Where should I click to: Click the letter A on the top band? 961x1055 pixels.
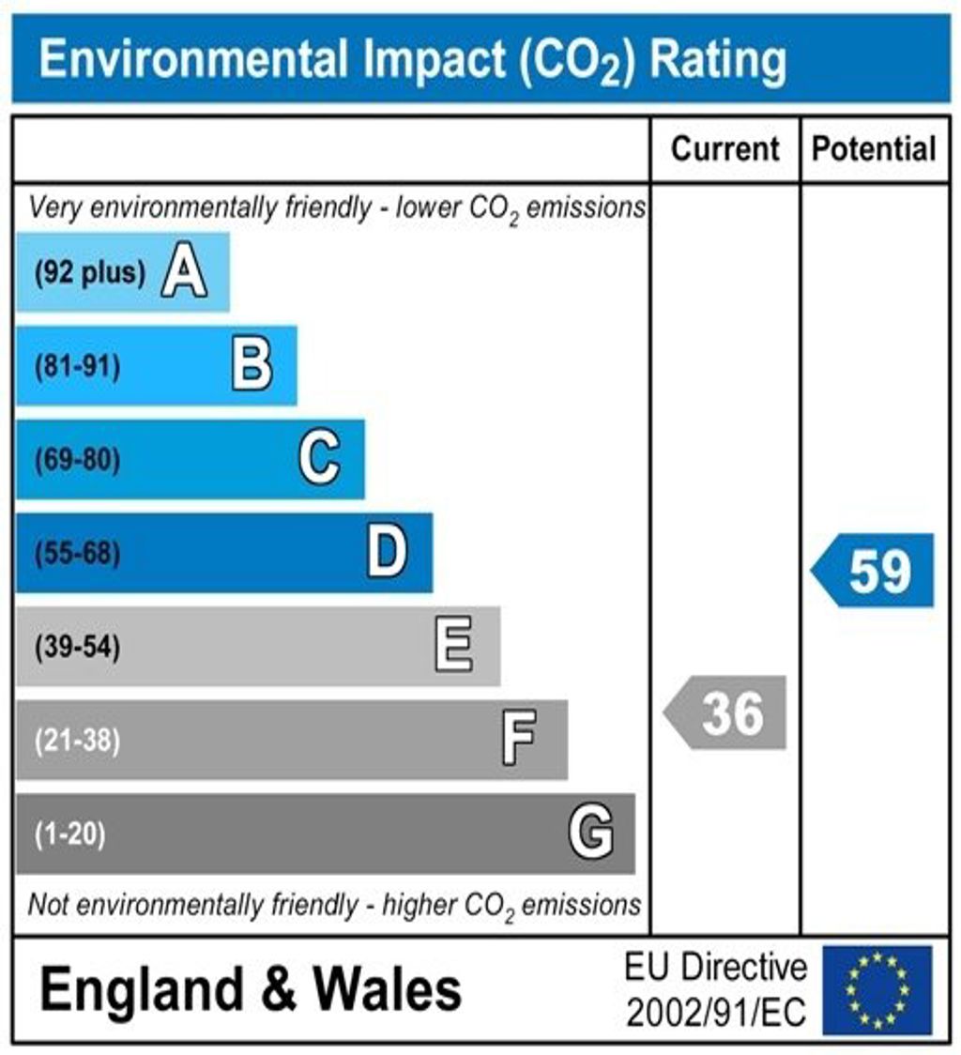(x=184, y=273)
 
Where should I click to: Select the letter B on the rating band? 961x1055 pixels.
(x=252, y=366)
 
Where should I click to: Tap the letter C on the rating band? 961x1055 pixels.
(x=319, y=460)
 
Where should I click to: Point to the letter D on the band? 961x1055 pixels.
(x=387, y=553)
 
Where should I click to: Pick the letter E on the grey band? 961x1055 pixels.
(x=454, y=647)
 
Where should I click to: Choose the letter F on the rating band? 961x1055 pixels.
(x=519, y=740)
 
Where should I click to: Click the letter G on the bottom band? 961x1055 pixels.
(x=591, y=833)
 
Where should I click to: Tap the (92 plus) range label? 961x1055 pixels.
(x=90, y=274)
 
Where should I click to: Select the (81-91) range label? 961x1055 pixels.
(x=78, y=367)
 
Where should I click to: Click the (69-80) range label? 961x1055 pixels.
(x=78, y=461)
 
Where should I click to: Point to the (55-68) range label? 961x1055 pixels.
(x=78, y=554)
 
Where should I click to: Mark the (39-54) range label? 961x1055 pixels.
(x=78, y=648)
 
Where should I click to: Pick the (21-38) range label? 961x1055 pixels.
(x=78, y=741)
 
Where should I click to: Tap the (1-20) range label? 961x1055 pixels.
(x=70, y=833)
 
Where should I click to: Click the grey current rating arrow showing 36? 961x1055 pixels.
(x=726, y=713)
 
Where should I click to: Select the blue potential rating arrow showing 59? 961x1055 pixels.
(x=874, y=571)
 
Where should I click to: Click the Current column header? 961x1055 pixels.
(x=725, y=148)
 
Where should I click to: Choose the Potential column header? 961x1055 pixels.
(x=874, y=148)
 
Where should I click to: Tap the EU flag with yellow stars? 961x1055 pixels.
(x=877, y=990)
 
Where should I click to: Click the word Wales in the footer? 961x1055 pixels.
(x=387, y=990)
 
